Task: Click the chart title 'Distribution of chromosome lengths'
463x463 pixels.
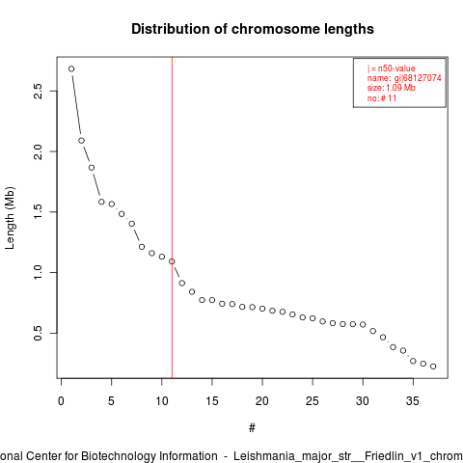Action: pos(253,29)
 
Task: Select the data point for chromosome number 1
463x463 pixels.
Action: pos(71,68)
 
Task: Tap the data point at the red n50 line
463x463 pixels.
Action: pos(172,261)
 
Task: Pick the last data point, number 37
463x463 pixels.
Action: pos(433,367)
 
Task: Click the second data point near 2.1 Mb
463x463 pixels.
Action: pos(81,141)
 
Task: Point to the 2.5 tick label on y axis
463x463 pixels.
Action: pos(38,92)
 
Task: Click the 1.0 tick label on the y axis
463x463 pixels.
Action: pos(38,272)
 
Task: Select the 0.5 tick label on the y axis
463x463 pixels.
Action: pos(38,333)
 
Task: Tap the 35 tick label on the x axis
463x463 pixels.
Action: pos(413,401)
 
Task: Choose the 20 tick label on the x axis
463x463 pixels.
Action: pos(262,401)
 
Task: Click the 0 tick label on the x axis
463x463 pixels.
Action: pos(61,401)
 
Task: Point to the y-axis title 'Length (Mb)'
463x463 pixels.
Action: pos(10,218)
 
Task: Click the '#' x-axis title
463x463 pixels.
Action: pos(252,428)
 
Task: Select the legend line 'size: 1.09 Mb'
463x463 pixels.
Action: pos(392,88)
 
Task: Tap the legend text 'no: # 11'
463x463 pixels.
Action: pos(382,98)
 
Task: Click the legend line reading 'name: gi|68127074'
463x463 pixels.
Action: pos(404,78)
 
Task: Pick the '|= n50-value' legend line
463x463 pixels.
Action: pos(391,68)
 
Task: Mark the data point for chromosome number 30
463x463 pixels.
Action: pos(363,324)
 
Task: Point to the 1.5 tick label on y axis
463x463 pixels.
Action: pos(38,212)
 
